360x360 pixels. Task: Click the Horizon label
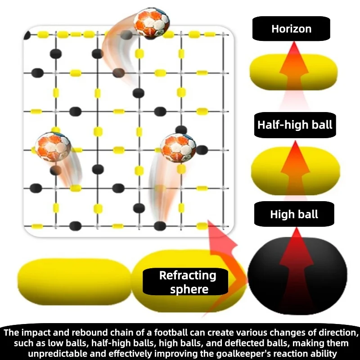click(x=291, y=29)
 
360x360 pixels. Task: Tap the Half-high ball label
click(x=295, y=125)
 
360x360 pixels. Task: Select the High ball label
click(x=294, y=214)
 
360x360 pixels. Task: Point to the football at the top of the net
click(x=152, y=22)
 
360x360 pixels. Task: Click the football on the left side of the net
click(x=53, y=147)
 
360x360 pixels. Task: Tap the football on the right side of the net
click(x=178, y=148)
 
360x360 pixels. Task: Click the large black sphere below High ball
click(x=297, y=275)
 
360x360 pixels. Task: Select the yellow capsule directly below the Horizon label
click(x=294, y=72)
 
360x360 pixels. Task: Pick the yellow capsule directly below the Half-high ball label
click(x=296, y=171)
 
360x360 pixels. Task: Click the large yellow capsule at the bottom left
click(x=74, y=282)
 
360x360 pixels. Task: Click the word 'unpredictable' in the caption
click(x=54, y=353)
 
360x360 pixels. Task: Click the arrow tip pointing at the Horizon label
click(x=294, y=42)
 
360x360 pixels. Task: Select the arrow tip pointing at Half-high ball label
click(x=295, y=141)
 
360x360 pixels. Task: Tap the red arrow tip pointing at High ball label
click(x=297, y=228)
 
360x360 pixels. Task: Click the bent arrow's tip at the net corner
click(x=208, y=220)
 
